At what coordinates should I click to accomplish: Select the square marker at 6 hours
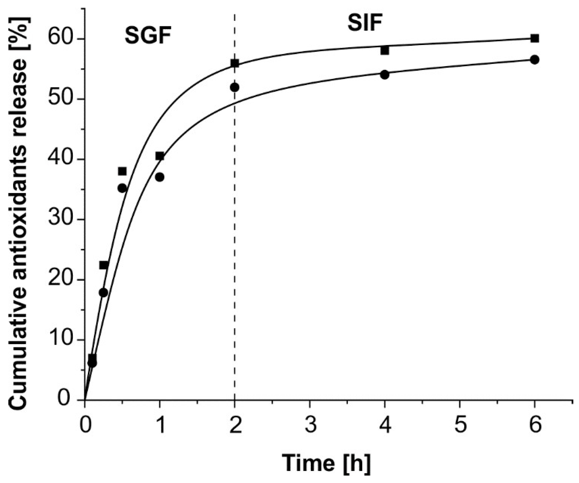pos(535,38)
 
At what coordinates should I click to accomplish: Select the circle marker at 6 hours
pos(535,60)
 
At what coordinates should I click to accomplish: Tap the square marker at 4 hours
pos(385,51)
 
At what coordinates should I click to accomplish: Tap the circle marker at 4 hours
pos(385,75)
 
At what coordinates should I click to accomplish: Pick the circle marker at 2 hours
pos(235,87)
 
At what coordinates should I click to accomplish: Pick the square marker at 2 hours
pos(235,63)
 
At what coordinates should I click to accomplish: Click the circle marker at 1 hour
pos(160,177)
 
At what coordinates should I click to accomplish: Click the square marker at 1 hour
pos(160,156)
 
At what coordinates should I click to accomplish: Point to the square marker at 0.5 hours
pos(122,171)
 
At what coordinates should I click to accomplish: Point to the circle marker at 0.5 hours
pos(122,188)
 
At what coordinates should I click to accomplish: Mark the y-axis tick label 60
pos(62,39)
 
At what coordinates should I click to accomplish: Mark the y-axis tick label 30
pos(62,220)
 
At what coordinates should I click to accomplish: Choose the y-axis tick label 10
pos(62,340)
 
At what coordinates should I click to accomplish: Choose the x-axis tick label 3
pos(310,425)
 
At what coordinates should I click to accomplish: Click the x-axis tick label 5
pos(460,425)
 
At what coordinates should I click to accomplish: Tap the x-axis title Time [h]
pos(326,463)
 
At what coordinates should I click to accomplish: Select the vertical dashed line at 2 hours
pos(235,239)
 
